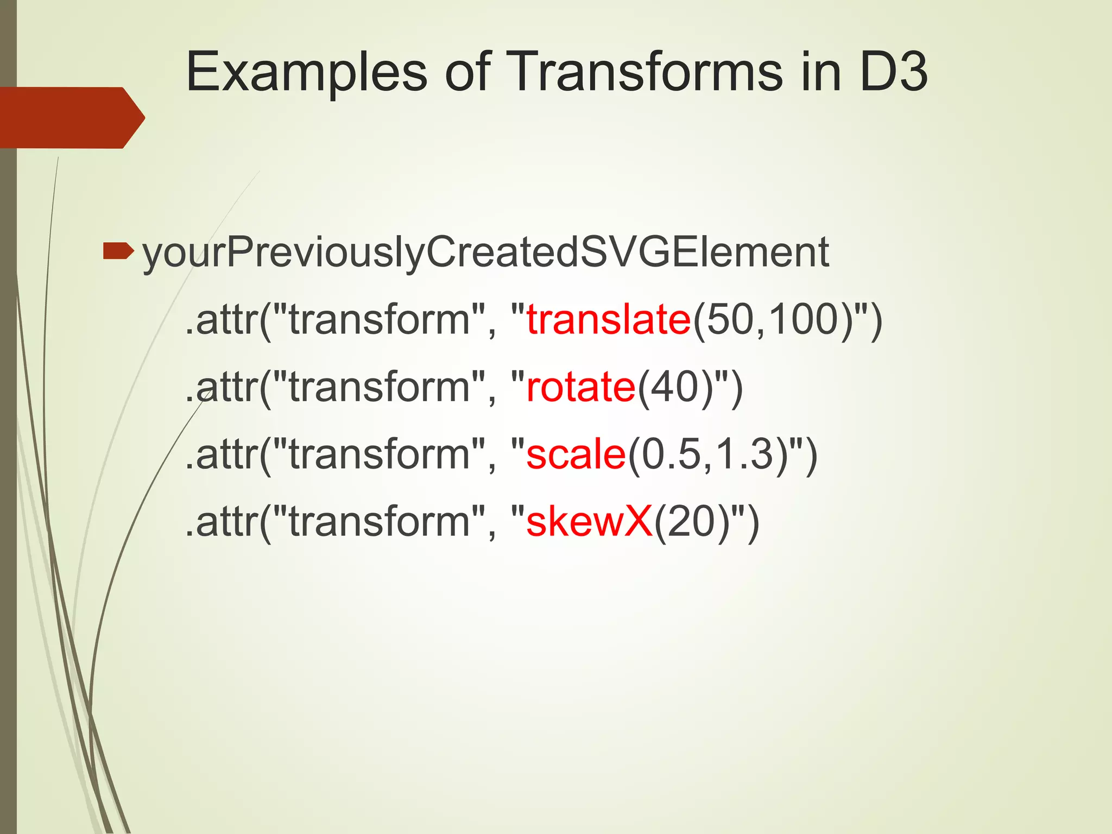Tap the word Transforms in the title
pos(646,72)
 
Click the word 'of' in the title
pos(467,72)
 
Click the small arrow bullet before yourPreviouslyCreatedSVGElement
pos(118,251)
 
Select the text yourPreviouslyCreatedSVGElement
pos(485,253)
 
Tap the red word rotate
pos(580,387)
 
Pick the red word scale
pos(576,454)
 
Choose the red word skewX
pos(589,521)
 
